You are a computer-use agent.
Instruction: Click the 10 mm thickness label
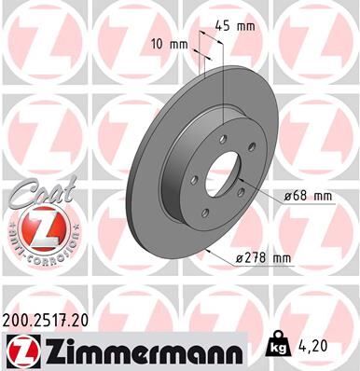tap(169, 43)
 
